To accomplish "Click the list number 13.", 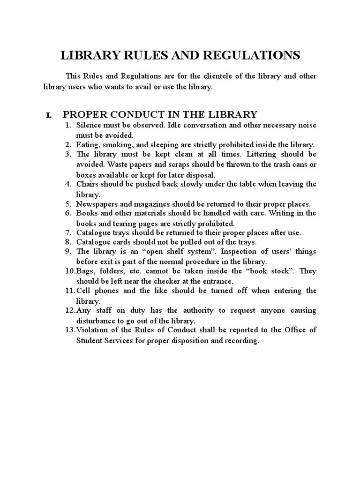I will click(x=70, y=330).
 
